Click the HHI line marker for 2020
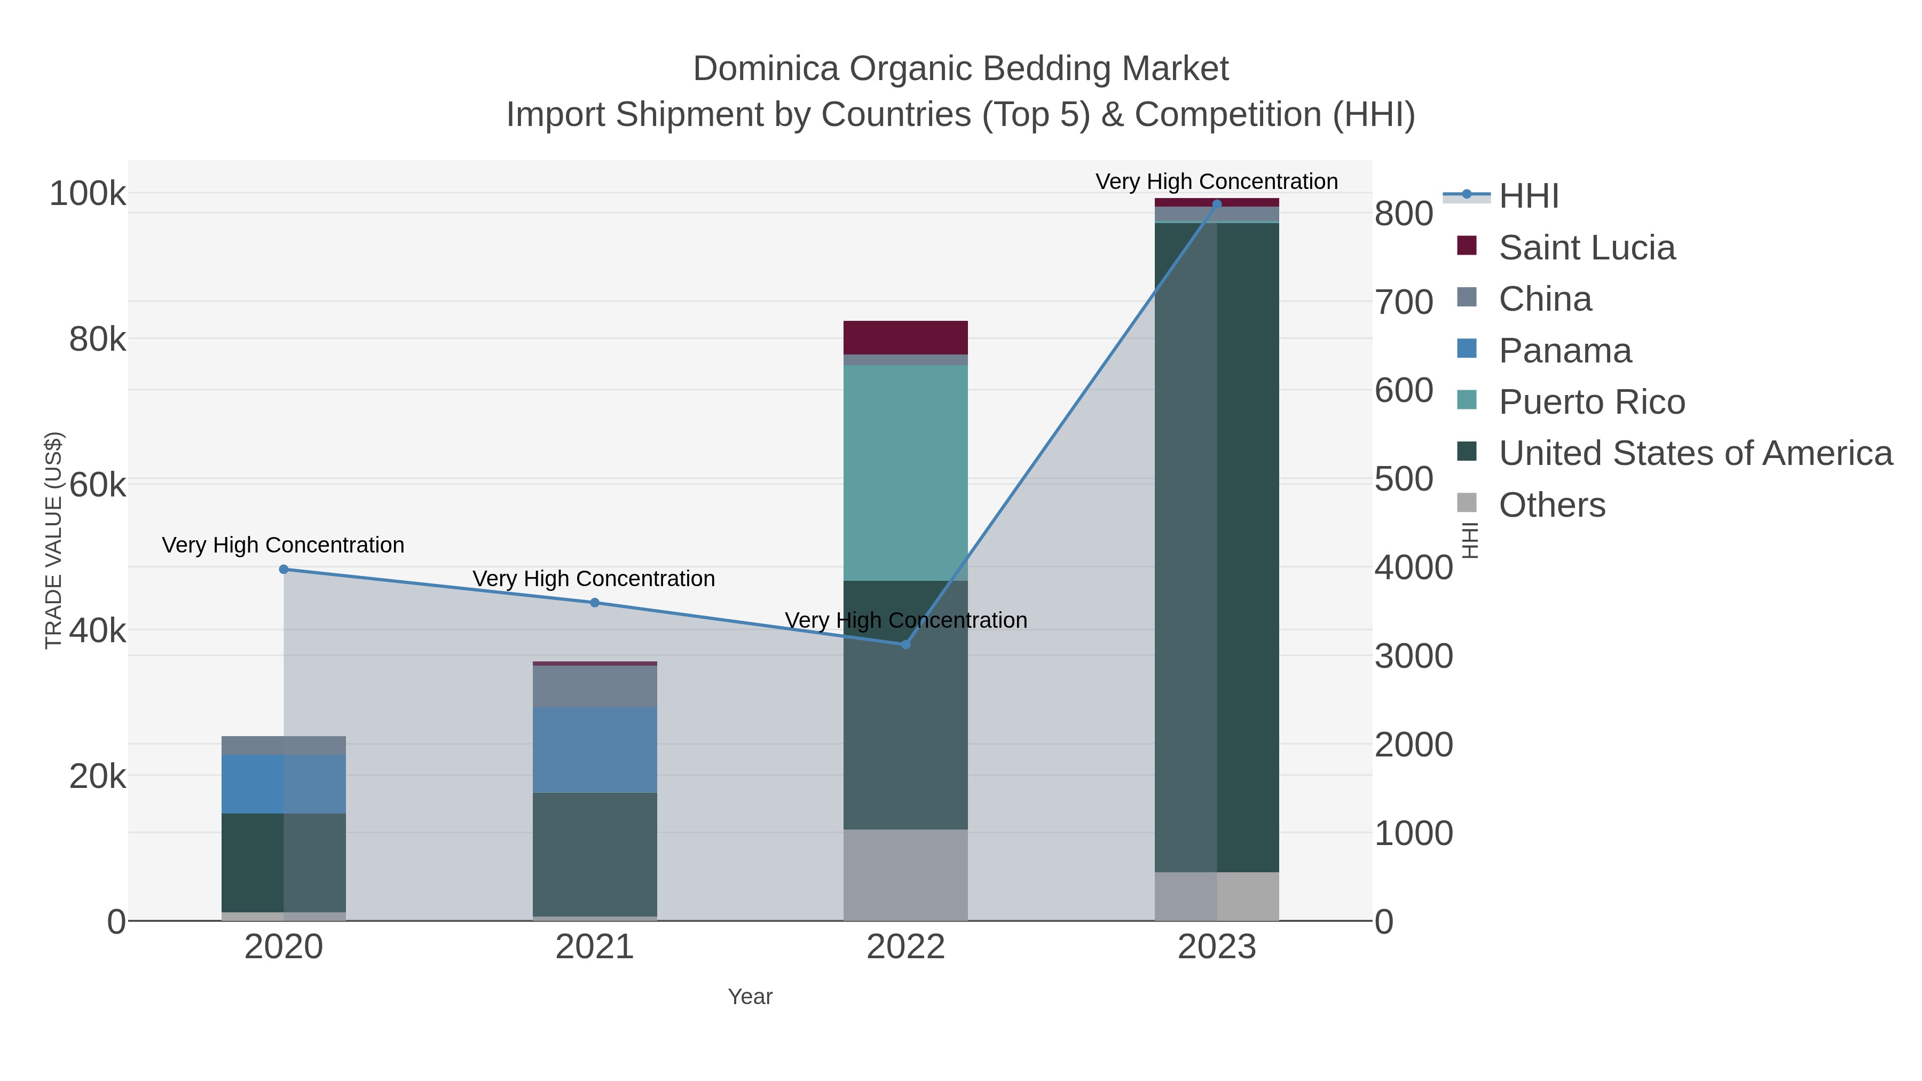tap(283, 569)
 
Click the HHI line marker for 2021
tap(595, 603)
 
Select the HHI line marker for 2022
tap(906, 644)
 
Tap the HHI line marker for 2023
tap(1217, 204)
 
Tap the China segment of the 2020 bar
tap(283, 745)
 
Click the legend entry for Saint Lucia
tap(1586, 248)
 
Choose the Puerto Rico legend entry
tap(1592, 402)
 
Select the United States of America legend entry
tap(1695, 454)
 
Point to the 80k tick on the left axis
tap(98, 340)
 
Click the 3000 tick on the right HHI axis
tap(1413, 657)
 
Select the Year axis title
tap(750, 997)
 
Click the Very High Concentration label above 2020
tap(283, 546)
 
